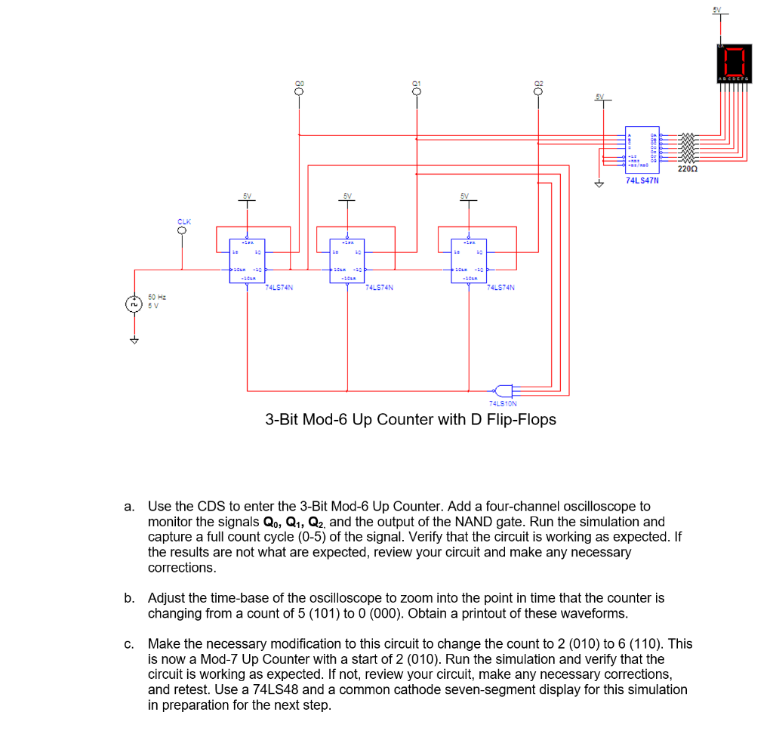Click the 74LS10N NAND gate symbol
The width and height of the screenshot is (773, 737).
click(x=504, y=390)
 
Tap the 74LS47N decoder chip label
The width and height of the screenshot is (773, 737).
click(x=642, y=181)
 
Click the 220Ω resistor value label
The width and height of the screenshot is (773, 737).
click(x=687, y=169)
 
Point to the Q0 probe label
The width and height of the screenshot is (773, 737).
click(x=299, y=83)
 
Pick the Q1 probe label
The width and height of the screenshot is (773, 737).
click(x=416, y=83)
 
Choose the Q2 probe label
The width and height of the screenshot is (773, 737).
click(x=537, y=83)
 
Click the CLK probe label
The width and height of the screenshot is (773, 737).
click(x=184, y=221)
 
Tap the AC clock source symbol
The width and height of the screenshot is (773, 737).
click(x=134, y=304)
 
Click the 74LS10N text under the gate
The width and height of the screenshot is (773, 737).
click(x=503, y=405)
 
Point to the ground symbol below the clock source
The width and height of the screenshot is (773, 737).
click(x=134, y=341)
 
